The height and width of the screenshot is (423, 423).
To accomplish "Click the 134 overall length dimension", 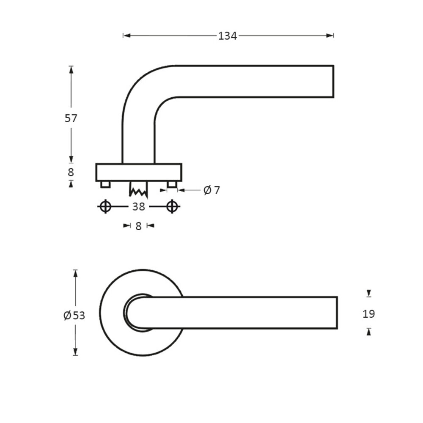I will click(x=227, y=36).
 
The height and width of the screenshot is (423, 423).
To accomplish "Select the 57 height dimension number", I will click(x=71, y=118).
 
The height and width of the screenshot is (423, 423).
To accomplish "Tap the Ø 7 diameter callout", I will click(x=211, y=190).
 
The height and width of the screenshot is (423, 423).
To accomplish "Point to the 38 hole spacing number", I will click(x=138, y=207).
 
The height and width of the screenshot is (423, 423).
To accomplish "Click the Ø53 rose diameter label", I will click(x=74, y=316).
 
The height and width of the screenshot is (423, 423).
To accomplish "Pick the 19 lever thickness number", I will click(x=369, y=314).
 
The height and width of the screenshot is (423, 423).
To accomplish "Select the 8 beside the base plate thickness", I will click(x=71, y=172).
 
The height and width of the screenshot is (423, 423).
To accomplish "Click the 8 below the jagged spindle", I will click(x=138, y=226).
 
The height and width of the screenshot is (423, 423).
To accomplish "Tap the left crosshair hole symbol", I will click(x=105, y=207).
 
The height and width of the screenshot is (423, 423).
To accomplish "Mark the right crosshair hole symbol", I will click(x=172, y=207).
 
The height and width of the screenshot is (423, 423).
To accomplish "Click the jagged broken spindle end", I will click(x=138, y=190).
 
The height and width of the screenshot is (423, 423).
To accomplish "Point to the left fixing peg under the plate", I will click(x=105, y=184).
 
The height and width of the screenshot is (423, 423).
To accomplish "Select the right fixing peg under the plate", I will click(x=171, y=184).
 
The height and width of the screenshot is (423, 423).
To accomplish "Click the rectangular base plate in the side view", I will click(x=139, y=172).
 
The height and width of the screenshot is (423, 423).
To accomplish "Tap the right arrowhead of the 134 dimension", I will click(x=331, y=36).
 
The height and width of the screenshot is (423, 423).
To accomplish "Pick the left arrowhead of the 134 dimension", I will click(x=126, y=36).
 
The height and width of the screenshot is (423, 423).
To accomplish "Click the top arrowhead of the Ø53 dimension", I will click(x=75, y=273).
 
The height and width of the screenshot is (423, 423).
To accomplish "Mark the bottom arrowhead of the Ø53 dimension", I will click(x=75, y=352).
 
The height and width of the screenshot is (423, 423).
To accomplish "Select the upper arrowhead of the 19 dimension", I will click(x=369, y=293).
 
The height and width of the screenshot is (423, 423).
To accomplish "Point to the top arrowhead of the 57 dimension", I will click(x=71, y=69).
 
